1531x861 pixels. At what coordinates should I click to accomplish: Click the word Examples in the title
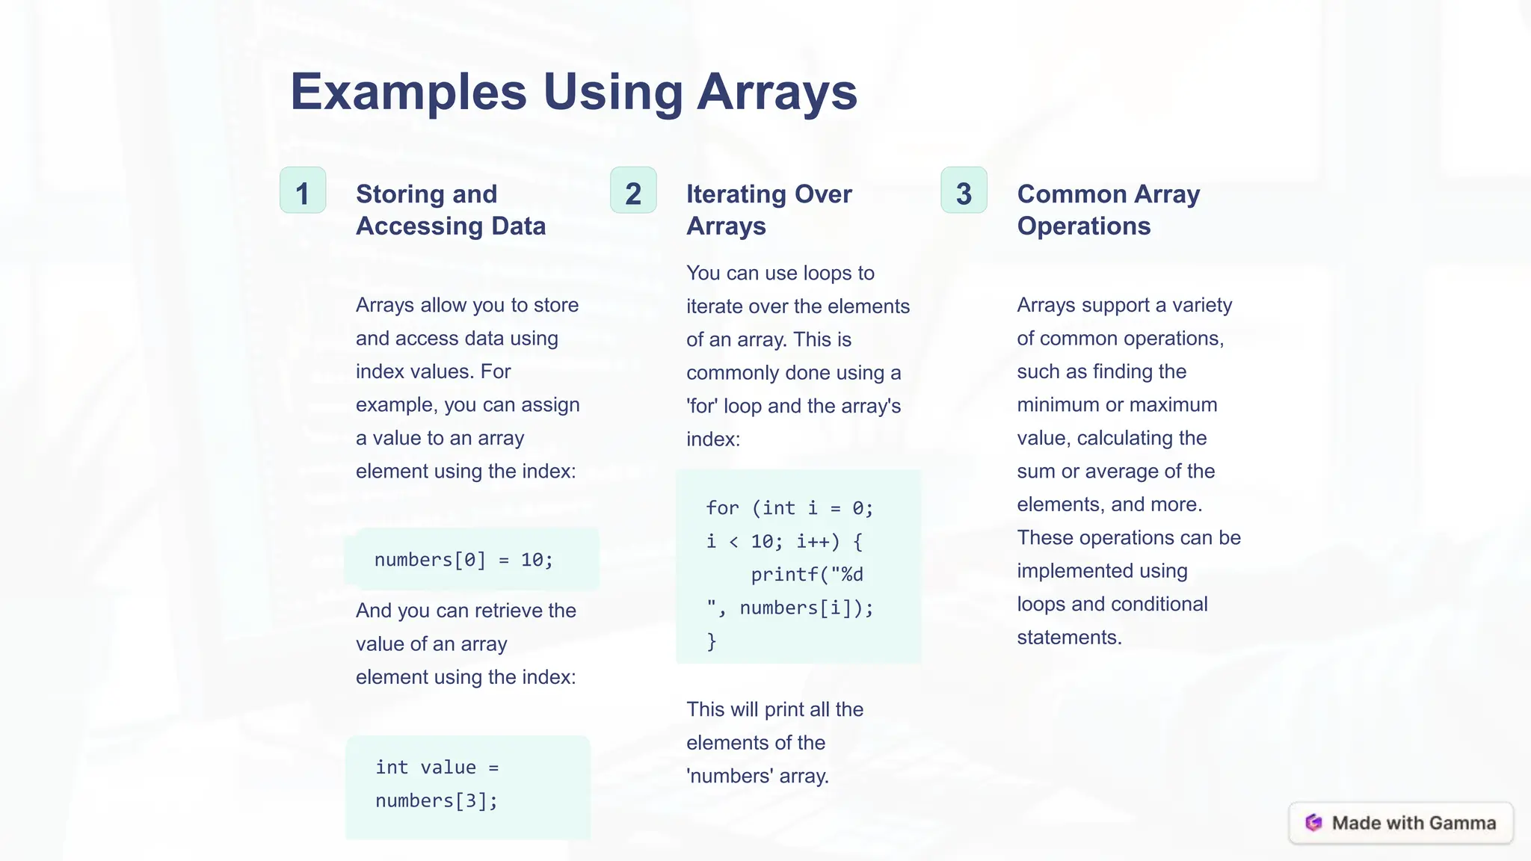click(408, 92)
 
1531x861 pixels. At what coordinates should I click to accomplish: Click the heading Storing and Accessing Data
click(451, 210)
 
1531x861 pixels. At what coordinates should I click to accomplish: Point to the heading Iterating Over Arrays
click(768, 210)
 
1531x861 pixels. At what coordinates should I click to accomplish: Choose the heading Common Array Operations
click(1108, 210)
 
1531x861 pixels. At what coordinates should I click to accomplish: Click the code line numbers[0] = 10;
click(463, 560)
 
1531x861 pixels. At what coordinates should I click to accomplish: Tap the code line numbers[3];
click(437, 800)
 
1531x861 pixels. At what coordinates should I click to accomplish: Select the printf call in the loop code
click(807, 575)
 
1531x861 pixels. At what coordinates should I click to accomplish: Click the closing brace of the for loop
click(712, 641)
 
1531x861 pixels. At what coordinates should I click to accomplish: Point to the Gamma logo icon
click(1313, 823)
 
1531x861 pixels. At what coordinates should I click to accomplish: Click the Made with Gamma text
click(1414, 823)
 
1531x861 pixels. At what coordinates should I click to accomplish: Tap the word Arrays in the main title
click(777, 92)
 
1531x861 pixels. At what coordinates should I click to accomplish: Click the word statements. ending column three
click(1069, 638)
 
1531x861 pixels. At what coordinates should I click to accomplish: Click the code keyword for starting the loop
click(722, 508)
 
